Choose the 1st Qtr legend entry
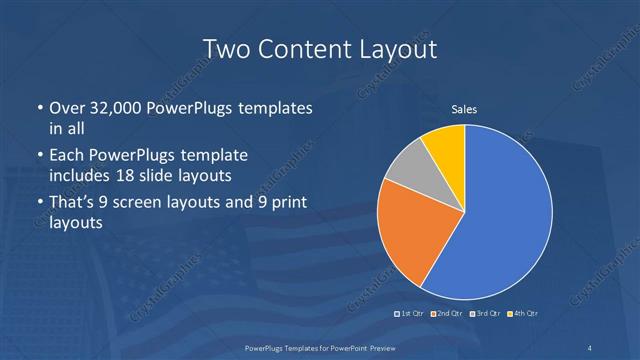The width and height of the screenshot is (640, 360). (412, 314)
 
